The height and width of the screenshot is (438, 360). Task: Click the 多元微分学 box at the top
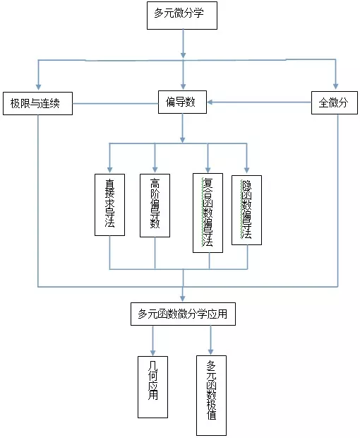point(184,15)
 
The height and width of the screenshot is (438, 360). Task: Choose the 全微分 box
point(335,103)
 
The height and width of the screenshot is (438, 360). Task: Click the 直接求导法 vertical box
point(109,204)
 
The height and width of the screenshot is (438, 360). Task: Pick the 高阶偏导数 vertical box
point(155,204)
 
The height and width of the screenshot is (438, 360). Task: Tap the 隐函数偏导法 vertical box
point(246,210)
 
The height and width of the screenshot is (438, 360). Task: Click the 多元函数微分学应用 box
point(183,314)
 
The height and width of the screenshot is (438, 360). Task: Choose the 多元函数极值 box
point(211,396)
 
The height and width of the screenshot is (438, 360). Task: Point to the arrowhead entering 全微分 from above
point(335,88)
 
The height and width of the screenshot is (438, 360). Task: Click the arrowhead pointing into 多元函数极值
point(211,350)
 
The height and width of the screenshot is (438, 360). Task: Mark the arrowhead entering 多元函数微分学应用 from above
point(184,298)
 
